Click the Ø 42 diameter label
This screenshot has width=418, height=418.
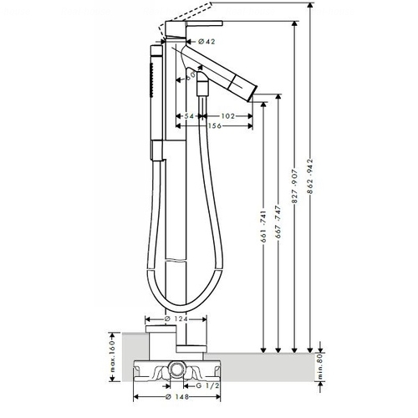coord(206,42)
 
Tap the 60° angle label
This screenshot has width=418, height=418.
coord(191,76)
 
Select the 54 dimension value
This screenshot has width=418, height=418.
coord(189,116)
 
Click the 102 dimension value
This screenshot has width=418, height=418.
coord(228,116)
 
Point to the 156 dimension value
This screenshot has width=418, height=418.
coord(215,125)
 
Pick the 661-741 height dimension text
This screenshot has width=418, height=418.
coord(264,226)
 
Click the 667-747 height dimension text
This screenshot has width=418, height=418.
coord(278,222)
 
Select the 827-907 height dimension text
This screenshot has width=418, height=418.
coord(295,186)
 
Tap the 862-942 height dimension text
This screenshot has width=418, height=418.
coord(310,176)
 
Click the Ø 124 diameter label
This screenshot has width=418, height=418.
coord(176,319)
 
